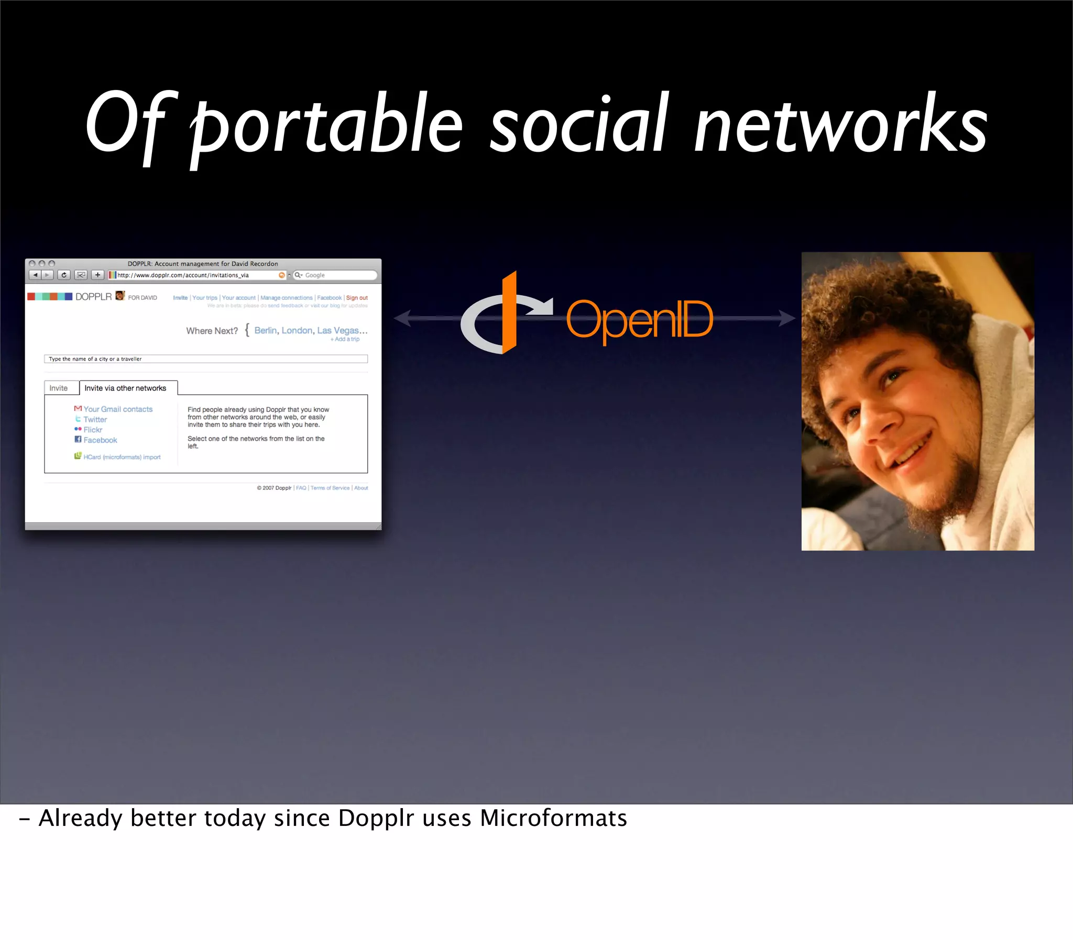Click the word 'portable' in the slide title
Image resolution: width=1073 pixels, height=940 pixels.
pyautogui.click(x=325, y=126)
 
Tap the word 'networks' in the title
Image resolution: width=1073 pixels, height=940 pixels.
pyautogui.click(x=840, y=126)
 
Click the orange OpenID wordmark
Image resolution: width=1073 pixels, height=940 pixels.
pyautogui.click(x=639, y=319)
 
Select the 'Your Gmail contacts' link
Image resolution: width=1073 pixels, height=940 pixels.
pyautogui.click(x=117, y=409)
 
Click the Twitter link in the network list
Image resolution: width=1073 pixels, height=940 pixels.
pyautogui.click(x=95, y=420)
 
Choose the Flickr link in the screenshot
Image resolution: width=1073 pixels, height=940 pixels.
pyautogui.click(x=92, y=430)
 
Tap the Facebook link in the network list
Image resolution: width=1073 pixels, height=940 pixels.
pyautogui.click(x=100, y=440)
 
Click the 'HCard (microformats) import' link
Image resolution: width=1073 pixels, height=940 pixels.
pyautogui.click(x=122, y=457)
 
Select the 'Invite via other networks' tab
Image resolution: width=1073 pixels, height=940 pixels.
pyautogui.click(x=125, y=388)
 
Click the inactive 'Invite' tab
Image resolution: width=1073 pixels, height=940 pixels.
pyautogui.click(x=58, y=388)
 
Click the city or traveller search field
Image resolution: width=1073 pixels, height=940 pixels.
pyautogui.click(x=206, y=359)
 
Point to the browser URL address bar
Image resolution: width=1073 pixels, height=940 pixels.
pyautogui.click(x=197, y=275)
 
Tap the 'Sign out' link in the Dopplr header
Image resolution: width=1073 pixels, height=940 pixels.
pyautogui.click(x=357, y=297)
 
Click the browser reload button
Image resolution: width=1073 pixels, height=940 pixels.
pyautogui.click(x=64, y=275)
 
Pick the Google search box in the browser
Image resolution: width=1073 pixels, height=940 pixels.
pyautogui.click(x=336, y=275)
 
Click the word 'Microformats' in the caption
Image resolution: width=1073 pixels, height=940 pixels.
pyautogui.click(x=553, y=818)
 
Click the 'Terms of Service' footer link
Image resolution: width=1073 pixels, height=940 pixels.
pyautogui.click(x=330, y=488)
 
